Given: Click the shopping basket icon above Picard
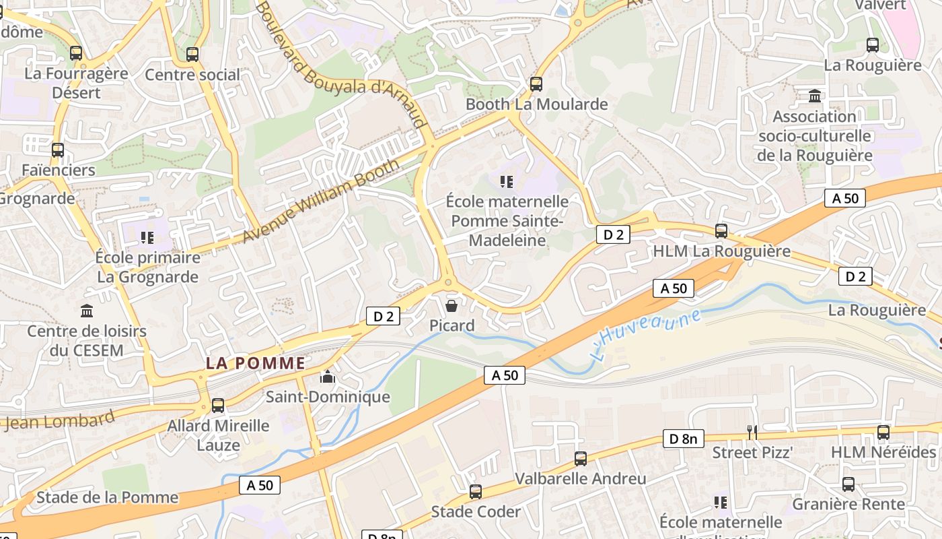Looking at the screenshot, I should (451, 307).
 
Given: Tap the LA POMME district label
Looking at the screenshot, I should (255, 363).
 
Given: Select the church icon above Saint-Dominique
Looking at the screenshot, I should (328, 377).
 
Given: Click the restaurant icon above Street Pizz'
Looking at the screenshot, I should (752, 431).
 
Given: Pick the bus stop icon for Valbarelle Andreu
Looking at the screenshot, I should (581, 459).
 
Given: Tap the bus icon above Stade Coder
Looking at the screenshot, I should (476, 492).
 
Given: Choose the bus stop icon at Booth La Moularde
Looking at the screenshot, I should (536, 84).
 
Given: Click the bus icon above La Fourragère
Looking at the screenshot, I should (76, 53).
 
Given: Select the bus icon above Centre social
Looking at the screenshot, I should (192, 54).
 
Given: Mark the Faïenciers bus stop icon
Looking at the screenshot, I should (58, 150).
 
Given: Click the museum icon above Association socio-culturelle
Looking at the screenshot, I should (815, 96).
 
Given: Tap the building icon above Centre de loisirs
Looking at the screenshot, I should (87, 311).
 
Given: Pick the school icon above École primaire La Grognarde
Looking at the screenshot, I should (147, 237).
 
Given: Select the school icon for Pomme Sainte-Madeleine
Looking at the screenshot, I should (507, 181).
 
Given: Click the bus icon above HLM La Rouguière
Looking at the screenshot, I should (721, 231).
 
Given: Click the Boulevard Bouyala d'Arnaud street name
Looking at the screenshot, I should (340, 65).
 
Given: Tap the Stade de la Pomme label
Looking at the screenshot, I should (108, 497).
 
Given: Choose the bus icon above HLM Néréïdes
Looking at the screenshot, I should (883, 433).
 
